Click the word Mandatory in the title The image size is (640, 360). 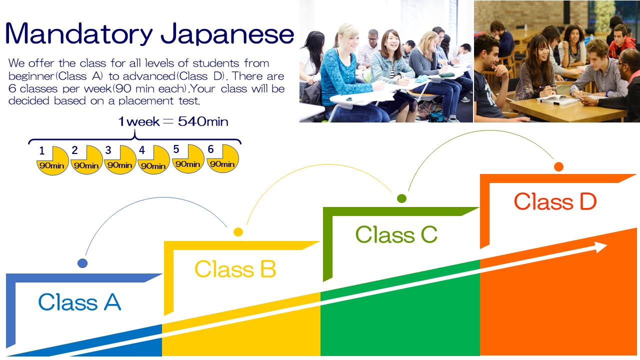tap(79, 33)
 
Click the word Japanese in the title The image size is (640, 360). tap(227, 35)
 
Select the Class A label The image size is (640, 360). tap(79, 302)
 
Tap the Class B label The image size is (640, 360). tap(235, 269)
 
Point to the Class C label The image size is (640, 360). tap(396, 234)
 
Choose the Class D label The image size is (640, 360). tap(555, 201)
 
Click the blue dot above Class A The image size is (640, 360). tap(82, 263)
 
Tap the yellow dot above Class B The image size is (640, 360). tap(238, 231)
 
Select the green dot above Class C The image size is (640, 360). tap(401, 198)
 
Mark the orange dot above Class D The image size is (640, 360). tap(558, 166)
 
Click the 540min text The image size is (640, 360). tap(203, 121)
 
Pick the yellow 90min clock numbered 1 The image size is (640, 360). tap(52, 160)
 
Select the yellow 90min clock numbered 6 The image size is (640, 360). tap(222, 158)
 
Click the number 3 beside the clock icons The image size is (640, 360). tap(108, 150)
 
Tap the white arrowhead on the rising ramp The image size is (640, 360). tap(601, 247)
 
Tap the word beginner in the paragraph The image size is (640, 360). tap(31, 76)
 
